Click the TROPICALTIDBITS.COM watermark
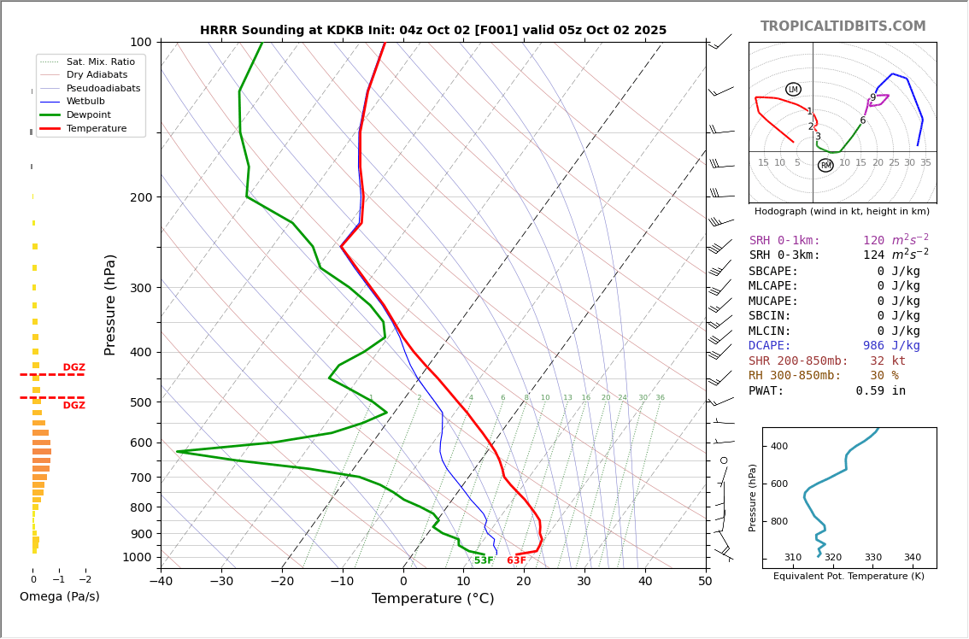tap(843, 26)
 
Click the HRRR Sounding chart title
tap(433, 31)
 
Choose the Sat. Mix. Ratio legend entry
tap(100, 62)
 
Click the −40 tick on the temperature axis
tap(161, 583)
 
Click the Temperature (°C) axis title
tap(432, 599)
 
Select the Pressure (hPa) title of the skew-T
tap(110, 304)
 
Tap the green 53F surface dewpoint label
tap(484, 560)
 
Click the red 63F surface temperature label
tap(516, 560)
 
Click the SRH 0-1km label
tap(784, 241)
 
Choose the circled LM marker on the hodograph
tap(793, 90)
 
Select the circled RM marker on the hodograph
tap(825, 166)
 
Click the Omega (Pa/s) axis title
tap(60, 596)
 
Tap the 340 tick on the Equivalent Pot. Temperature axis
tap(912, 558)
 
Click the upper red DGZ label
tap(73, 367)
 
